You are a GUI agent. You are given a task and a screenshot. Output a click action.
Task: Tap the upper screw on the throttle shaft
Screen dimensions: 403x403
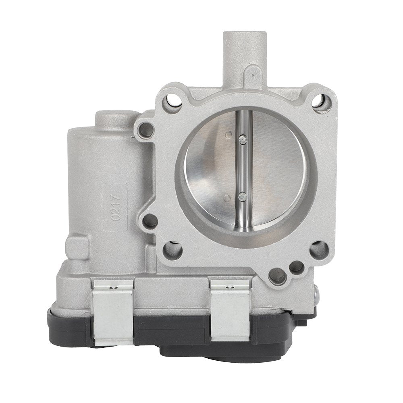click(241, 139)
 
